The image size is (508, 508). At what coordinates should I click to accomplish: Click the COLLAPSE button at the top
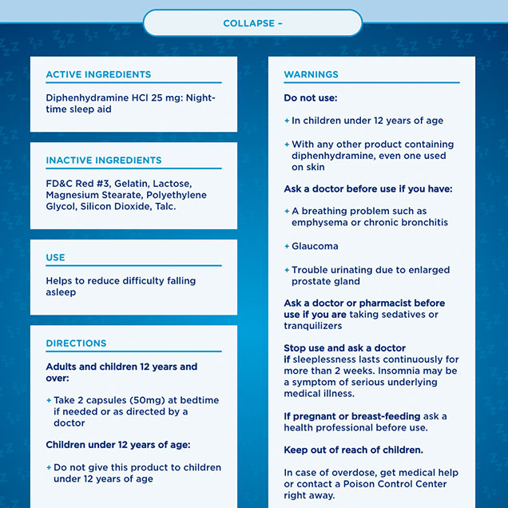coord(252,23)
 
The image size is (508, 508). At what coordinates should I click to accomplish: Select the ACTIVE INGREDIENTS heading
coord(98,74)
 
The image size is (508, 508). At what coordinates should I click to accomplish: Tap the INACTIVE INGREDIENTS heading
coord(103,160)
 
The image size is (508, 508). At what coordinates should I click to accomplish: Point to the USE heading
coord(55,257)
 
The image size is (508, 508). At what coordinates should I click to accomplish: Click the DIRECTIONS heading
coord(76,343)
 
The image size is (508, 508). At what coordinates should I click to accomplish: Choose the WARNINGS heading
coord(311,74)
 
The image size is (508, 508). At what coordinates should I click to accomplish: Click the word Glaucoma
coord(315,246)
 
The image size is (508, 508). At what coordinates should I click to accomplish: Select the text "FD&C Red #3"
coord(77,184)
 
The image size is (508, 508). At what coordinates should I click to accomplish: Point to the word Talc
coord(164,206)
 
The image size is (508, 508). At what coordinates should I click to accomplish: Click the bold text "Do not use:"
coord(311,97)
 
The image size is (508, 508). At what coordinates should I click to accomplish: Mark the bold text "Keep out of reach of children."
coord(353,450)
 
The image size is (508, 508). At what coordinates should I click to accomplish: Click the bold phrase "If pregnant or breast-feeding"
coord(351,416)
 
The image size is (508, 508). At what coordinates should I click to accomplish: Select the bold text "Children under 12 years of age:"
coord(117,444)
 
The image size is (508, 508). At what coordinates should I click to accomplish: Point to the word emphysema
coord(323,222)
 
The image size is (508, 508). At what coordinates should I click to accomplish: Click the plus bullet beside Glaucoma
coord(287,246)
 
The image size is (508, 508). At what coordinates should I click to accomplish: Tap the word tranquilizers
coord(313,326)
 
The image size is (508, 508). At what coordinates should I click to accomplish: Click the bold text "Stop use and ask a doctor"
coord(344,348)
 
